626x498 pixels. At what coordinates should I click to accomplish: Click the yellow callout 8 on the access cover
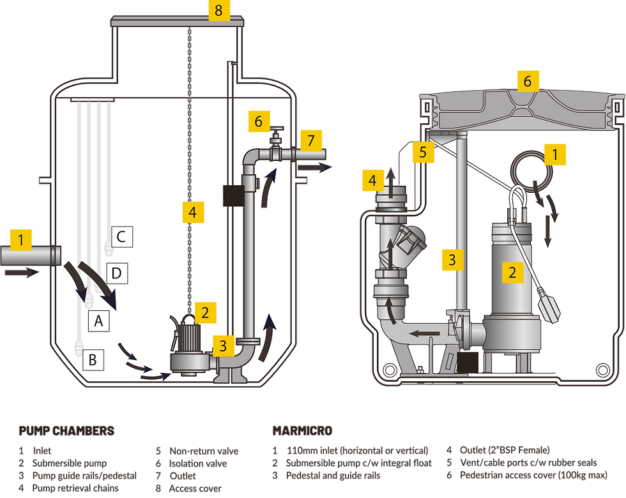point(218,11)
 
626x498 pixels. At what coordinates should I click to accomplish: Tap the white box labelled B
point(93,360)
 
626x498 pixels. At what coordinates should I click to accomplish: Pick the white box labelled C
point(121,238)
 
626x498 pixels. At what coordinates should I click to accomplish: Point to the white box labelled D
point(116,274)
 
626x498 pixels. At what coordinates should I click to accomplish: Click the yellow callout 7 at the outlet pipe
point(311,139)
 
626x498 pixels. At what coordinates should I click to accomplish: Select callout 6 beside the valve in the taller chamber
point(258,121)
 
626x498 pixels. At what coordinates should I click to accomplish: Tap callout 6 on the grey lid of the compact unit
point(527,81)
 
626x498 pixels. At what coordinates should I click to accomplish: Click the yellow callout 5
point(422,152)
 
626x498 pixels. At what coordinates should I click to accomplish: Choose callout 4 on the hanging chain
point(192,212)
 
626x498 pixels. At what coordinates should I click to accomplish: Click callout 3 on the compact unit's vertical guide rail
point(452,259)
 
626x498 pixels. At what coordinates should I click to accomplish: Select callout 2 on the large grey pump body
point(512,273)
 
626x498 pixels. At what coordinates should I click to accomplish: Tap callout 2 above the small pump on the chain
point(205,312)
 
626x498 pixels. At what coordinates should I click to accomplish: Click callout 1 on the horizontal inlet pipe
point(21,241)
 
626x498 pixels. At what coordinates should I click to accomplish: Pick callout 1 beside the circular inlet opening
point(554,154)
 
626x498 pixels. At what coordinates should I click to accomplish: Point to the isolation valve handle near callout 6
point(275,131)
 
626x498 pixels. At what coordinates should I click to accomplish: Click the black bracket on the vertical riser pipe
point(230,195)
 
